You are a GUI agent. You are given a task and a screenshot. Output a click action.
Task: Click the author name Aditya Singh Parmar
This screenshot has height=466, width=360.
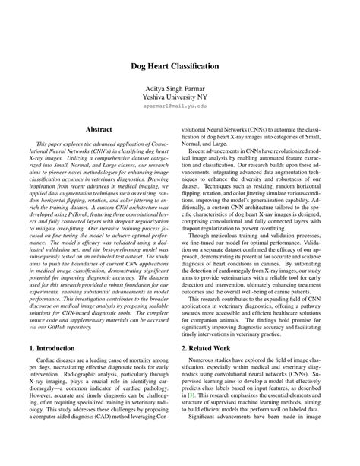[179, 90]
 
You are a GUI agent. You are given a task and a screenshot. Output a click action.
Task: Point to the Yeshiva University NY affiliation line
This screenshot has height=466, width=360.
[179, 100]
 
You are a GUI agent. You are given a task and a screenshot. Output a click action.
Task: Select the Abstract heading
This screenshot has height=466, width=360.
[99, 129]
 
